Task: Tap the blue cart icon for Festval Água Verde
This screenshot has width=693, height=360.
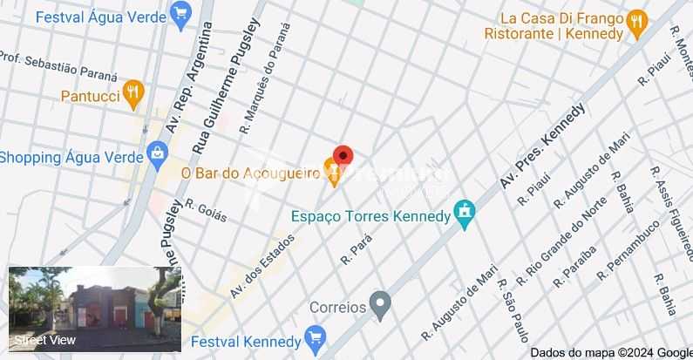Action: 181,13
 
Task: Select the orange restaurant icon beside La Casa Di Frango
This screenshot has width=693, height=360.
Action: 636,24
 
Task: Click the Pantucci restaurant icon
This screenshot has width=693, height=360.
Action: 132,93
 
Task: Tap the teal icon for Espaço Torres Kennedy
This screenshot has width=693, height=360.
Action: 465,214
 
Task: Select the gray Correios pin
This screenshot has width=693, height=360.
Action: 379,305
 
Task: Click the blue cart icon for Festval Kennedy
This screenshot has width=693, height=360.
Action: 316,339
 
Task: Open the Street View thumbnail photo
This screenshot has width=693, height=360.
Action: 95,309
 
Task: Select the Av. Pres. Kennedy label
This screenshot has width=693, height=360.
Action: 541,146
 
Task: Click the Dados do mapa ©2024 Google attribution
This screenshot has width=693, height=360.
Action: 611,352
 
